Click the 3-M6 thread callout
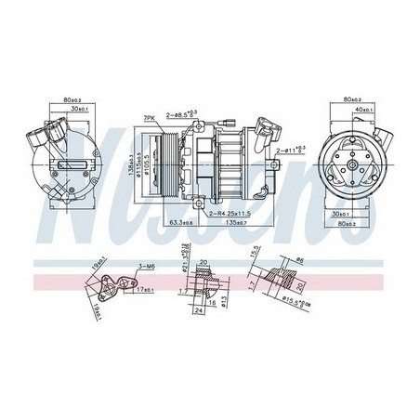(x=143, y=268)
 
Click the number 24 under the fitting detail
(x=200, y=311)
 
